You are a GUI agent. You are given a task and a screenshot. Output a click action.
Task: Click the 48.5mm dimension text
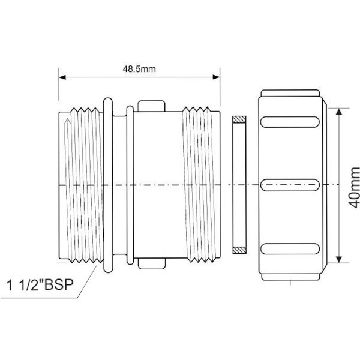(139, 69)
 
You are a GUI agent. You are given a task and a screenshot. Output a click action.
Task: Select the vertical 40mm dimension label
(354, 187)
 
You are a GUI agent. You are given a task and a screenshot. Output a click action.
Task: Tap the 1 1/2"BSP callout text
(40, 284)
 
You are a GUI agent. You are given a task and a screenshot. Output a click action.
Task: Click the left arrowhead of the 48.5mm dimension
(62, 77)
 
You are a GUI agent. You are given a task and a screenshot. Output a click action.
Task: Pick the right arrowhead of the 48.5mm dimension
(217, 77)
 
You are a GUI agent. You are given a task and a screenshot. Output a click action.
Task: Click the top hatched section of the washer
(239, 119)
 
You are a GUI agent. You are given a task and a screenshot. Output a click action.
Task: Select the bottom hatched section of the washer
(239, 250)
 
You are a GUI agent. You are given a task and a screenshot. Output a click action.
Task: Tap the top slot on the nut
(290, 122)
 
